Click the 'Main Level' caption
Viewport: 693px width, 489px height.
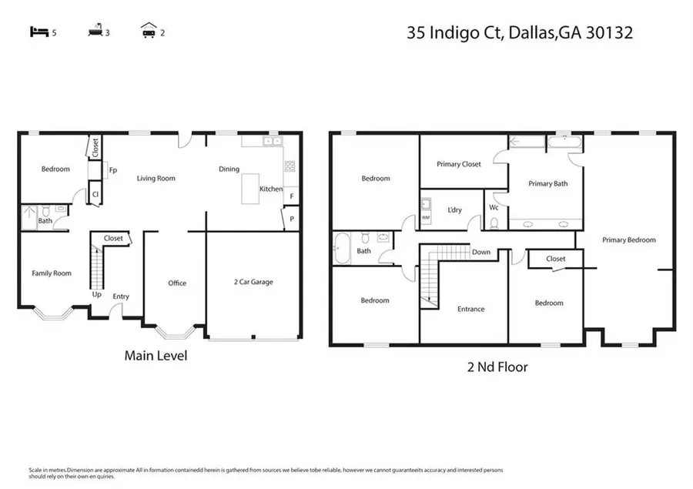click(x=156, y=356)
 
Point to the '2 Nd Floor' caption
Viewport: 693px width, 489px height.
click(x=499, y=367)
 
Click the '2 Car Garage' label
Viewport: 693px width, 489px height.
click(x=253, y=283)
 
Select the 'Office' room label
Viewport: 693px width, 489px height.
click(x=177, y=283)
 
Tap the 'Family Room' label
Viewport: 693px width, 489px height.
click(x=51, y=273)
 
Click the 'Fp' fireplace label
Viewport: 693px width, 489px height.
click(x=113, y=170)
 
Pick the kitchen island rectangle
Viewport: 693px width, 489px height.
click(x=251, y=189)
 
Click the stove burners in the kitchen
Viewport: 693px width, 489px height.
click(x=290, y=166)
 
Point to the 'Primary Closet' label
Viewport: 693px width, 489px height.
click(x=459, y=164)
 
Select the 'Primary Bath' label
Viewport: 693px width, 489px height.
click(x=547, y=184)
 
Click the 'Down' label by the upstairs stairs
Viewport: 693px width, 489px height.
click(x=481, y=253)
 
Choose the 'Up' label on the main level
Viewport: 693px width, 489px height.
click(x=97, y=294)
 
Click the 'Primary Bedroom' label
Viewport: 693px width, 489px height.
click(x=628, y=240)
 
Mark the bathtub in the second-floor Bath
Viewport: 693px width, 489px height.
click(x=341, y=250)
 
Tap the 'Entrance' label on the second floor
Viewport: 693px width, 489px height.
click(x=470, y=310)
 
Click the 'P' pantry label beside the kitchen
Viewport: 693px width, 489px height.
click(x=292, y=219)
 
